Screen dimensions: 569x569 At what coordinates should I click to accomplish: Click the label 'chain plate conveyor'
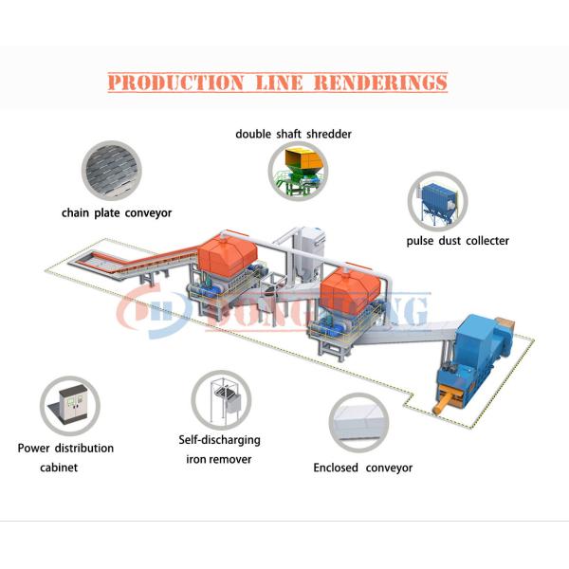coord(116,213)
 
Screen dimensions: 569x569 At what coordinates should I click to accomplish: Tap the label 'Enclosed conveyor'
coord(363,468)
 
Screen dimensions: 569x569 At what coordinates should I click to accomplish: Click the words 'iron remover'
coord(219,459)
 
